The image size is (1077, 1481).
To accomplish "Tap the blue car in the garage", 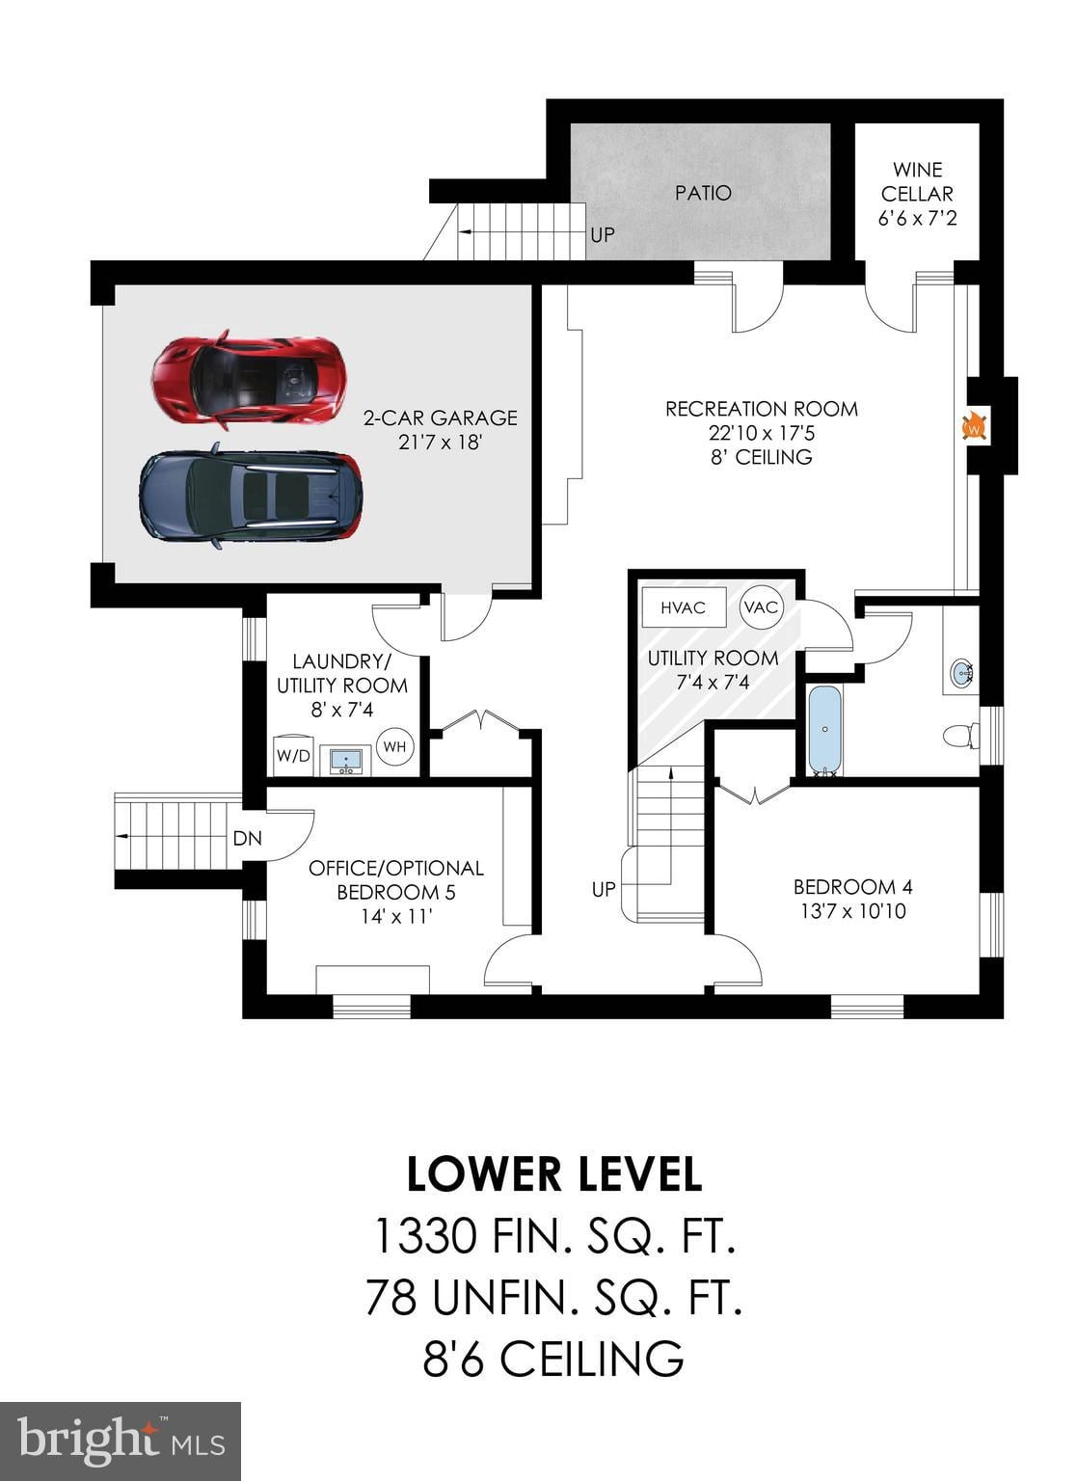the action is pyautogui.click(x=251, y=496).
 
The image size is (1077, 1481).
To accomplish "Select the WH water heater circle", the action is pyautogui.click(x=394, y=746).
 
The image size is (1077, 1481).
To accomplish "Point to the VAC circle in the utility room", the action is pyautogui.click(x=761, y=606).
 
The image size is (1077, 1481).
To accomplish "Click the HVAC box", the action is pyautogui.click(x=684, y=606).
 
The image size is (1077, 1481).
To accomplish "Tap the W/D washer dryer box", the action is pyautogui.click(x=293, y=754).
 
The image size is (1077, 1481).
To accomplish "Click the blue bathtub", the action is pyautogui.click(x=824, y=729).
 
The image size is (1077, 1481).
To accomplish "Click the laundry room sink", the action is pyautogui.click(x=346, y=761).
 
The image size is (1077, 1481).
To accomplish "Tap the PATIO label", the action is pyautogui.click(x=703, y=193).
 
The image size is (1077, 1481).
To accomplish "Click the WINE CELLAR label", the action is pyautogui.click(x=917, y=182).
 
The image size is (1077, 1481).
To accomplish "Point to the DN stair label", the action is pyautogui.click(x=248, y=838).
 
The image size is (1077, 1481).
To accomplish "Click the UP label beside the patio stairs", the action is pyautogui.click(x=603, y=234).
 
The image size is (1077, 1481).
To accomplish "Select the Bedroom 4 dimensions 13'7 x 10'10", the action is pyautogui.click(x=853, y=911).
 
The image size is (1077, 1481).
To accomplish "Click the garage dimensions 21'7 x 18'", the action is pyautogui.click(x=440, y=442).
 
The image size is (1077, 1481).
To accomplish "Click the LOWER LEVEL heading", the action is pyautogui.click(x=553, y=1175).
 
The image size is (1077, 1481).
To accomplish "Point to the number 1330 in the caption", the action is pyautogui.click(x=425, y=1235).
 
